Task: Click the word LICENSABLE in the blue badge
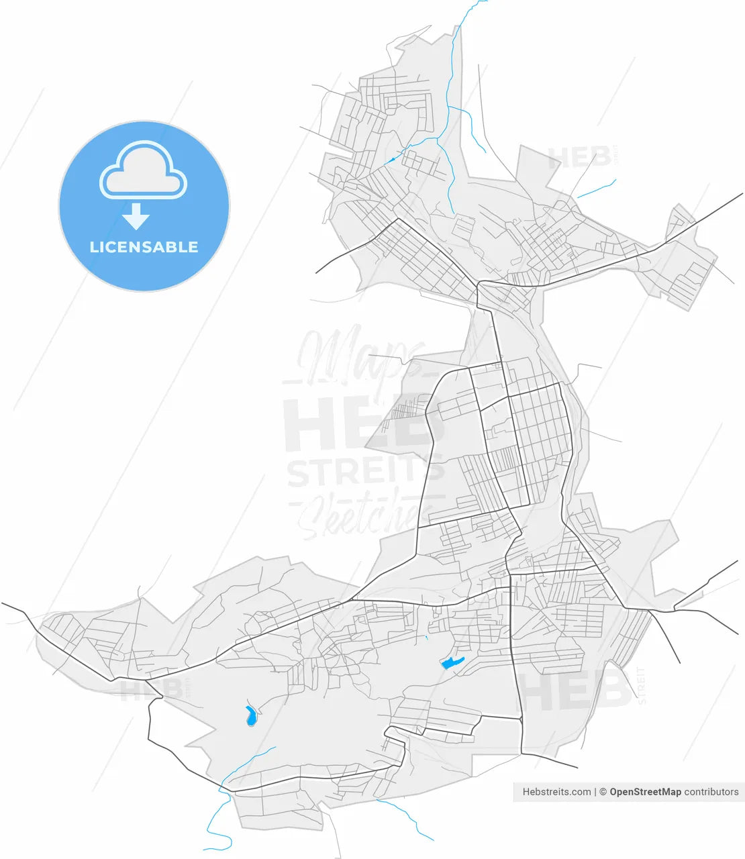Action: click(144, 247)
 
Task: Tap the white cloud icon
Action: click(143, 170)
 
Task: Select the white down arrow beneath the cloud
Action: click(136, 217)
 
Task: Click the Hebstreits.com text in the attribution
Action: click(556, 792)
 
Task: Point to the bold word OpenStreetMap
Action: click(645, 792)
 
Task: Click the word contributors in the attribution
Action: click(711, 792)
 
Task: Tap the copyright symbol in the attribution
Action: click(603, 792)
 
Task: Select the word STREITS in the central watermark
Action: click(364, 472)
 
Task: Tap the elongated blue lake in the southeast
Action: click(452, 664)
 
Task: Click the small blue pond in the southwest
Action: click(250, 716)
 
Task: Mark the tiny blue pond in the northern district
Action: click(391, 160)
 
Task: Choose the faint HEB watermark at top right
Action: click(579, 158)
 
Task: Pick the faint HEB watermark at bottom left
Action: click(152, 689)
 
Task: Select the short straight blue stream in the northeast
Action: click(596, 189)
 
